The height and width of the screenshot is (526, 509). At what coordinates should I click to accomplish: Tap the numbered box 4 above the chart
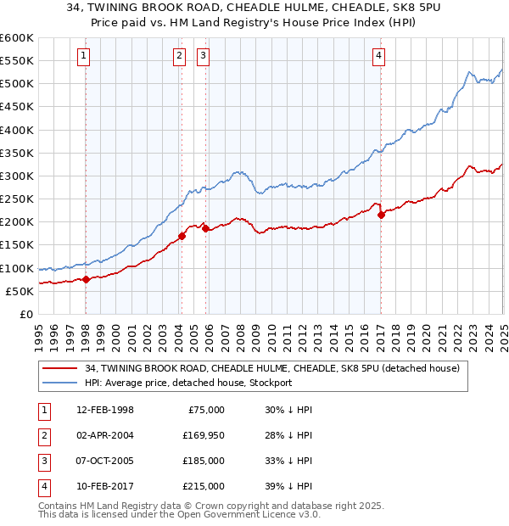[x=378, y=57]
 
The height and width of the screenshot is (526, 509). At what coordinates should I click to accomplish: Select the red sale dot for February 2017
[x=381, y=215]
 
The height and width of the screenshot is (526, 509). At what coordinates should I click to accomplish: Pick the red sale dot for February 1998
[x=87, y=279]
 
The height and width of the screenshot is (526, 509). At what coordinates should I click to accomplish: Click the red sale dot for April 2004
[x=182, y=236]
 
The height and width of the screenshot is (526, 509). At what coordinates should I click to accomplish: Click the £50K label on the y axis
[x=20, y=291]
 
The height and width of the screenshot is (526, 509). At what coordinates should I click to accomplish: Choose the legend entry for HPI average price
[x=187, y=383]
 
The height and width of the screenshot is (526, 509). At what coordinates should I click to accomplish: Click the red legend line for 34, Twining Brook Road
[x=59, y=368]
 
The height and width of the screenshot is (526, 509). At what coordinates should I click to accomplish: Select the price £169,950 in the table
[x=203, y=434]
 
